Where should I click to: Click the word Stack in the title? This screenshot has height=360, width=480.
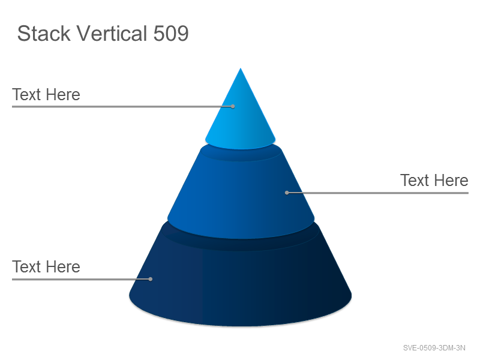pos(44,34)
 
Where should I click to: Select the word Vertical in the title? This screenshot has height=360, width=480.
pos(112,33)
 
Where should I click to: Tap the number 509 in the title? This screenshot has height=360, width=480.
pos(171,34)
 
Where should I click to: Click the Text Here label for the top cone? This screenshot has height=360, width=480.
pos(46,94)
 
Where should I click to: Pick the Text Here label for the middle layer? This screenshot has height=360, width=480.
pos(434,181)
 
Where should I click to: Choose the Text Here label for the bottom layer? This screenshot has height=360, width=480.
pos(46,266)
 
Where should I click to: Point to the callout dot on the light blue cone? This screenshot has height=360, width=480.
pos(233,107)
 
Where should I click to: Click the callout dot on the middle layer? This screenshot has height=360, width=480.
pos(287,193)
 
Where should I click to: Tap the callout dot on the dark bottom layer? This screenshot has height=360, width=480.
pos(151,279)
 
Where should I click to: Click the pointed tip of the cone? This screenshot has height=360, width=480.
pos(241,68)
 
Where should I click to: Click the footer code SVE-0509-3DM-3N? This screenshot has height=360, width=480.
pos(434,348)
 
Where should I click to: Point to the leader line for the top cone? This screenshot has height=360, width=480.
pos(122,107)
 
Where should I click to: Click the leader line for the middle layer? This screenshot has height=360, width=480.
pos(378,193)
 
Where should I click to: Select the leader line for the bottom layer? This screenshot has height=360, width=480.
pos(81,279)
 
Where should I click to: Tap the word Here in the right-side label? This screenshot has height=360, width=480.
pos(452,181)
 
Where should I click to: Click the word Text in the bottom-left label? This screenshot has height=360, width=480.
pos(26,266)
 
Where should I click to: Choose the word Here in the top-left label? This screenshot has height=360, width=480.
pos(64,94)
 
